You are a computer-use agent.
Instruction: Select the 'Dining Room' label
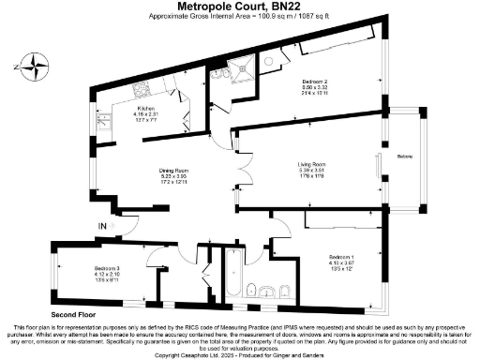pyautogui.click(x=174, y=171)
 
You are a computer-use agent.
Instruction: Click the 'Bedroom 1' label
pyautogui.click(x=341, y=256)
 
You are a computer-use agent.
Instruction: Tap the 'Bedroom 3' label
pyautogui.click(x=107, y=269)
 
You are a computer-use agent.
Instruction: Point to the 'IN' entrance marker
pyautogui.click(x=101, y=226)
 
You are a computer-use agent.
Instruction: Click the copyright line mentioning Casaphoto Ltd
pyautogui.click(x=240, y=355)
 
